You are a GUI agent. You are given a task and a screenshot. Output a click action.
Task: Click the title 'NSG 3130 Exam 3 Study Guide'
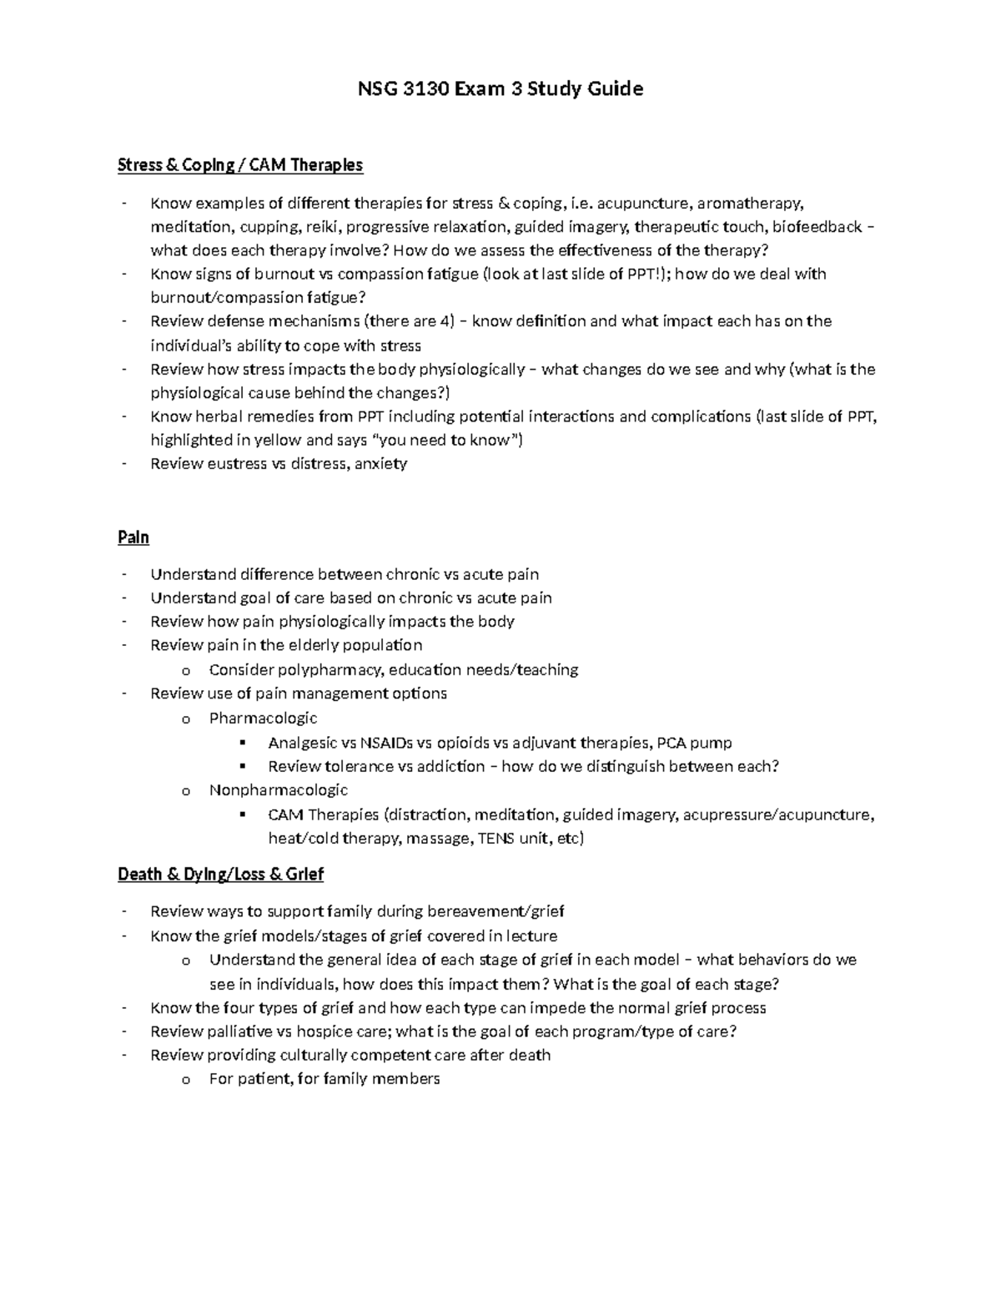pyautogui.click(x=500, y=89)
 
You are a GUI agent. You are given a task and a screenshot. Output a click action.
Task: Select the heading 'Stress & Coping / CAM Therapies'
pyautogui.click(x=240, y=165)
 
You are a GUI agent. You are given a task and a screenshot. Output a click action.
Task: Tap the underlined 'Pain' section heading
pyautogui.click(x=133, y=537)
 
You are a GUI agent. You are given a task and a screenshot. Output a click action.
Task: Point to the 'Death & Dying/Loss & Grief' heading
pyautogui.click(x=220, y=875)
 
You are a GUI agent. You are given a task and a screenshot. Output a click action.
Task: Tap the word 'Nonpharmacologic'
pyautogui.click(x=279, y=790)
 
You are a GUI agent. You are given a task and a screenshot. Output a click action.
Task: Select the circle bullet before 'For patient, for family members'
pyautogui.click(x=185, y=1080)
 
